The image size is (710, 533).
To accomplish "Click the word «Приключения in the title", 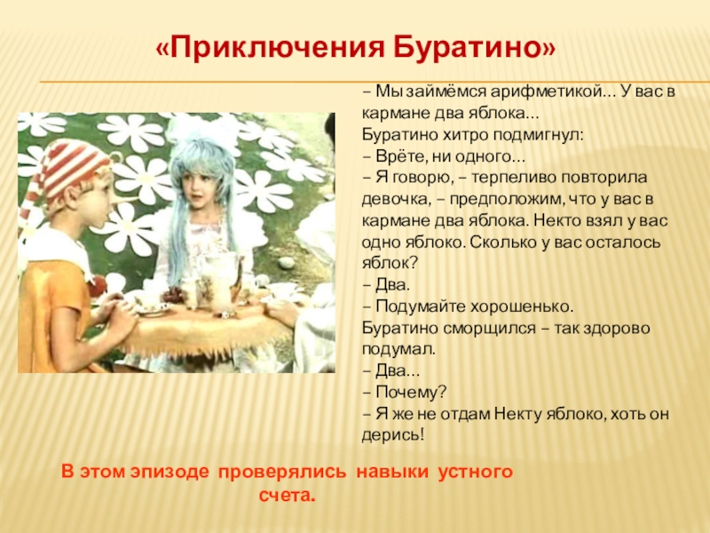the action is (271, 47).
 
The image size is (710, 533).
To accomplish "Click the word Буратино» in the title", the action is (475, 46).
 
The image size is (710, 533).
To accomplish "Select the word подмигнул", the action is (538, 136).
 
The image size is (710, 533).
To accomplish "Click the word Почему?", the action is (411, 393).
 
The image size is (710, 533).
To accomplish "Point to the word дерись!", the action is (393, 435).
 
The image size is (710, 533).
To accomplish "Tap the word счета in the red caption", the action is (287, 496).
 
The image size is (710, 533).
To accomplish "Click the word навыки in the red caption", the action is (391, 472).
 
